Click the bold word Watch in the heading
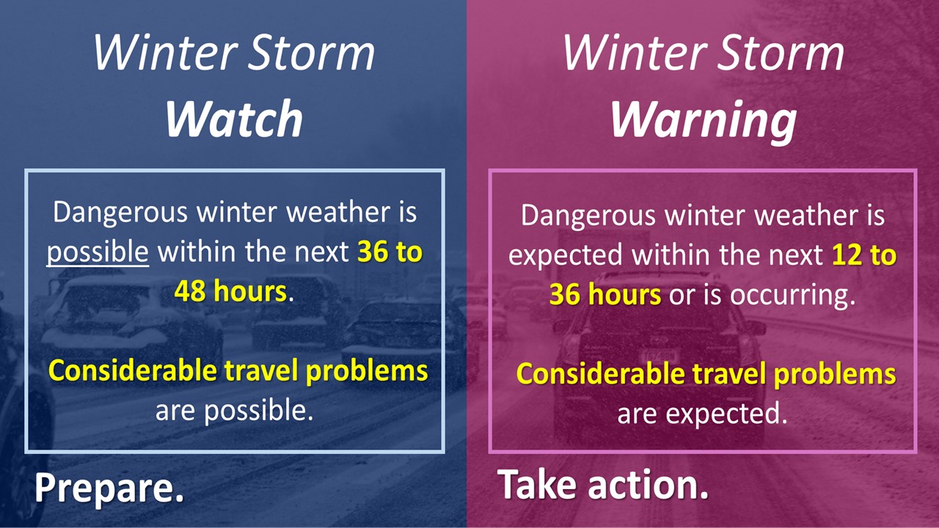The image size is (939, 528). [234, 119]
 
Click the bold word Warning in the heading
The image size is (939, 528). [704, 122]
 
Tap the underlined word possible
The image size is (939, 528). [98, 252]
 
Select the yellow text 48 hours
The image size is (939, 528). [230, 291]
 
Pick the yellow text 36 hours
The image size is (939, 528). [605, 294]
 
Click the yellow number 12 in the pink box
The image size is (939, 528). [847, 254]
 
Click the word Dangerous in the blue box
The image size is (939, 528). [120, 213]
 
